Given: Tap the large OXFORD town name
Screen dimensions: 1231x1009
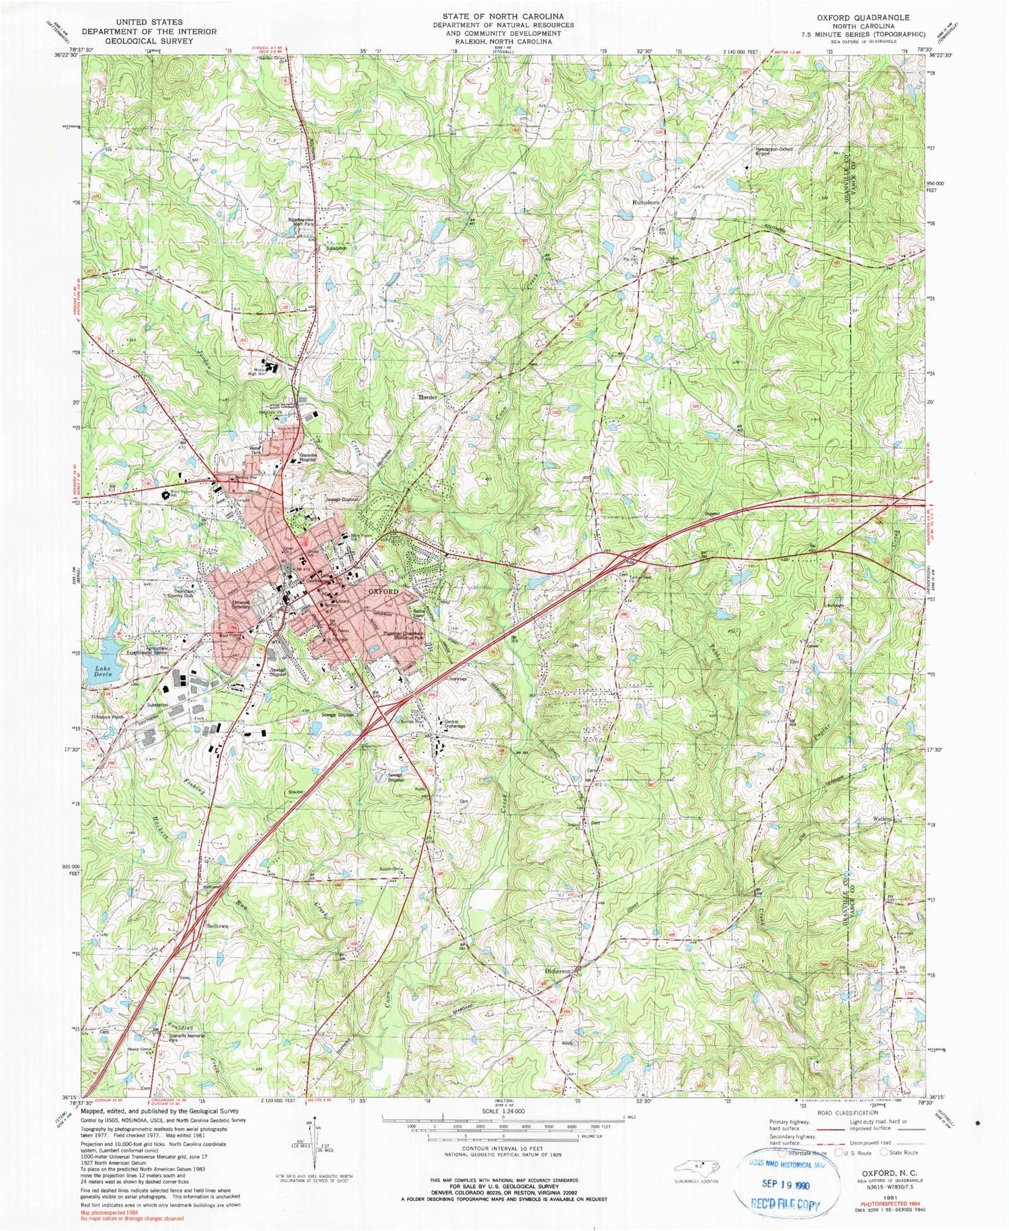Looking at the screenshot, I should (x=383, y=591).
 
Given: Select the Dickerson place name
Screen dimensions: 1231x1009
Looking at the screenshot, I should (x=558, y=971).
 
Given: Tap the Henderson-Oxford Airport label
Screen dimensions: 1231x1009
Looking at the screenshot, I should (x=773, y=151).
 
